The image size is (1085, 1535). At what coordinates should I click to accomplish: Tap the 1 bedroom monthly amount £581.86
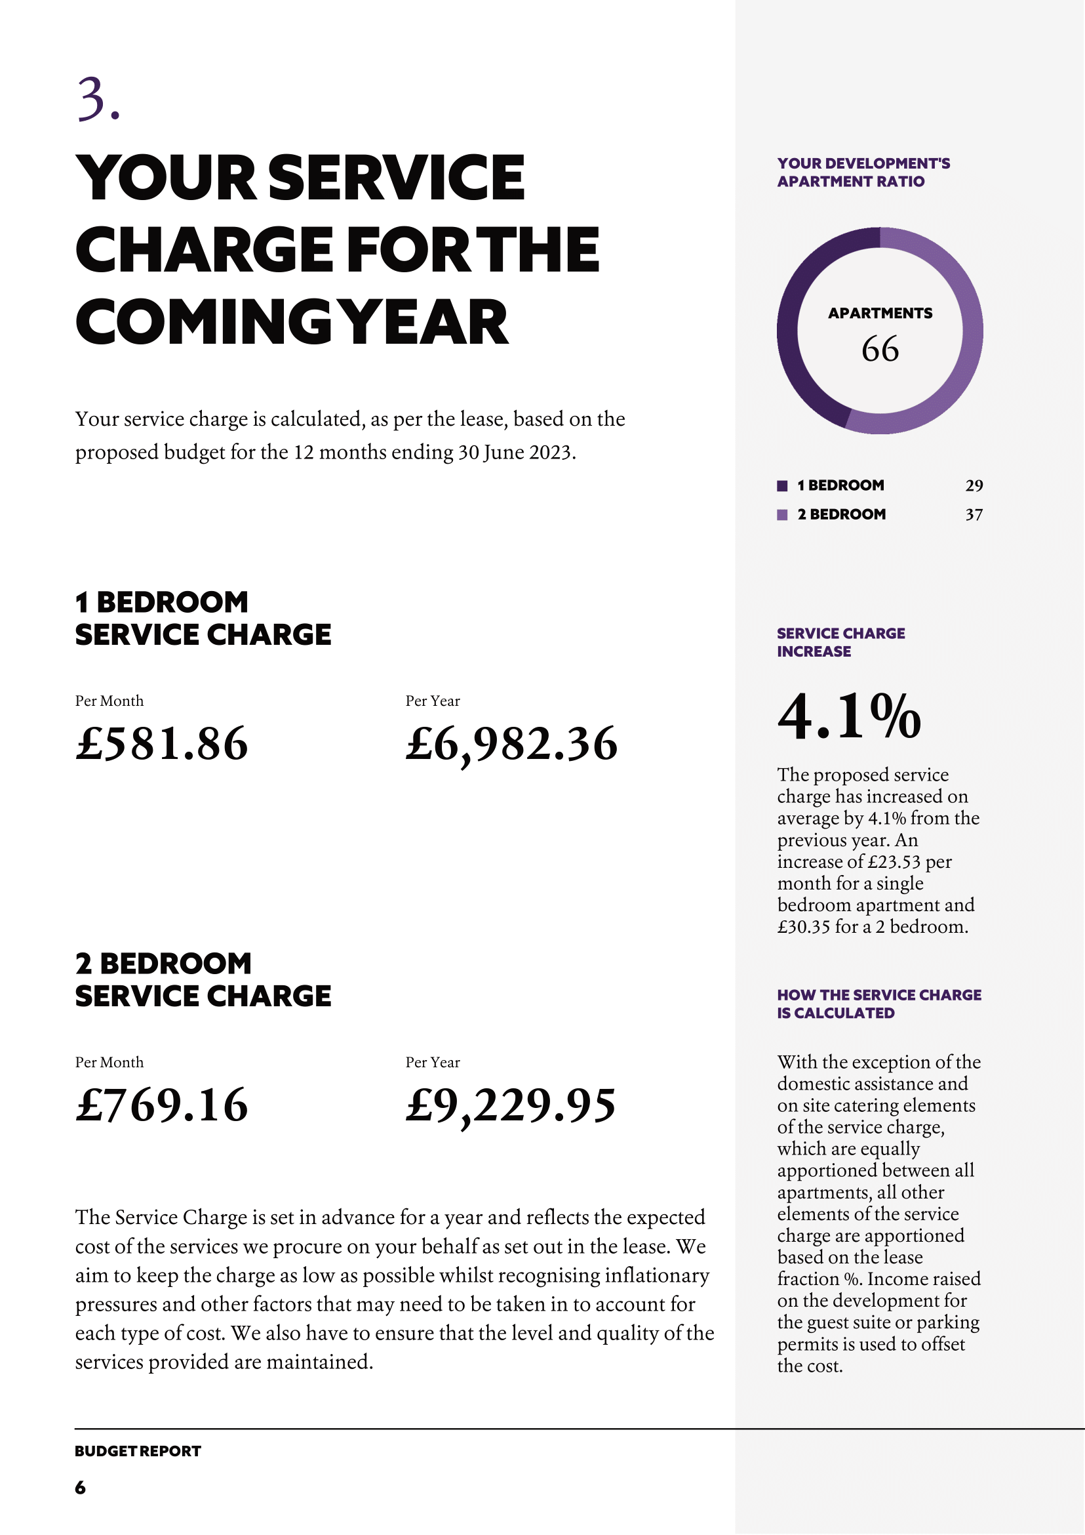pos(162,743)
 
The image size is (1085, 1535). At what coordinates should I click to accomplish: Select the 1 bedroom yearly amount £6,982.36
pos(511,743)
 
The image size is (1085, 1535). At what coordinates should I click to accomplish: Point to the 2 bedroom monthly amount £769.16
pos(162,1105)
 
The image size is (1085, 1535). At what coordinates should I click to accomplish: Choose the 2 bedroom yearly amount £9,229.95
pos(511,1105)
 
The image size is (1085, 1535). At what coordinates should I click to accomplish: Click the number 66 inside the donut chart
pos(880,349)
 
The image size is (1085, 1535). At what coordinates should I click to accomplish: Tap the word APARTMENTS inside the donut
pos(880,313)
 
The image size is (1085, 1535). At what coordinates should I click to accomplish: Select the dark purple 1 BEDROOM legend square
pos(782,485)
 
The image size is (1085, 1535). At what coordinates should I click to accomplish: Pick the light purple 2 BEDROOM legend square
pos(782,515)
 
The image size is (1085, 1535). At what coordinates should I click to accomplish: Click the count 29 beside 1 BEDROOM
pos(974,485)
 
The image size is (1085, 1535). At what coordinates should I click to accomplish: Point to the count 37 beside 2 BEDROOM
pos(974,515)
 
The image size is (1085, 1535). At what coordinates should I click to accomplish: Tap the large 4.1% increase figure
pos(849,716)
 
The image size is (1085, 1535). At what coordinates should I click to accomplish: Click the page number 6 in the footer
pos(80,1487)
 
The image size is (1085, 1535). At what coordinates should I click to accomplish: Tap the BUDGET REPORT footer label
pos(138,1451)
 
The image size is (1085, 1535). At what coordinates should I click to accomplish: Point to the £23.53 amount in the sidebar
pos(894,862)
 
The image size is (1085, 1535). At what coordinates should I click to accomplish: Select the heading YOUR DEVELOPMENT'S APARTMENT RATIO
pos(863,173)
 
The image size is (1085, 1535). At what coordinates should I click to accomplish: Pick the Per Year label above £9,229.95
pos(432,1062)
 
